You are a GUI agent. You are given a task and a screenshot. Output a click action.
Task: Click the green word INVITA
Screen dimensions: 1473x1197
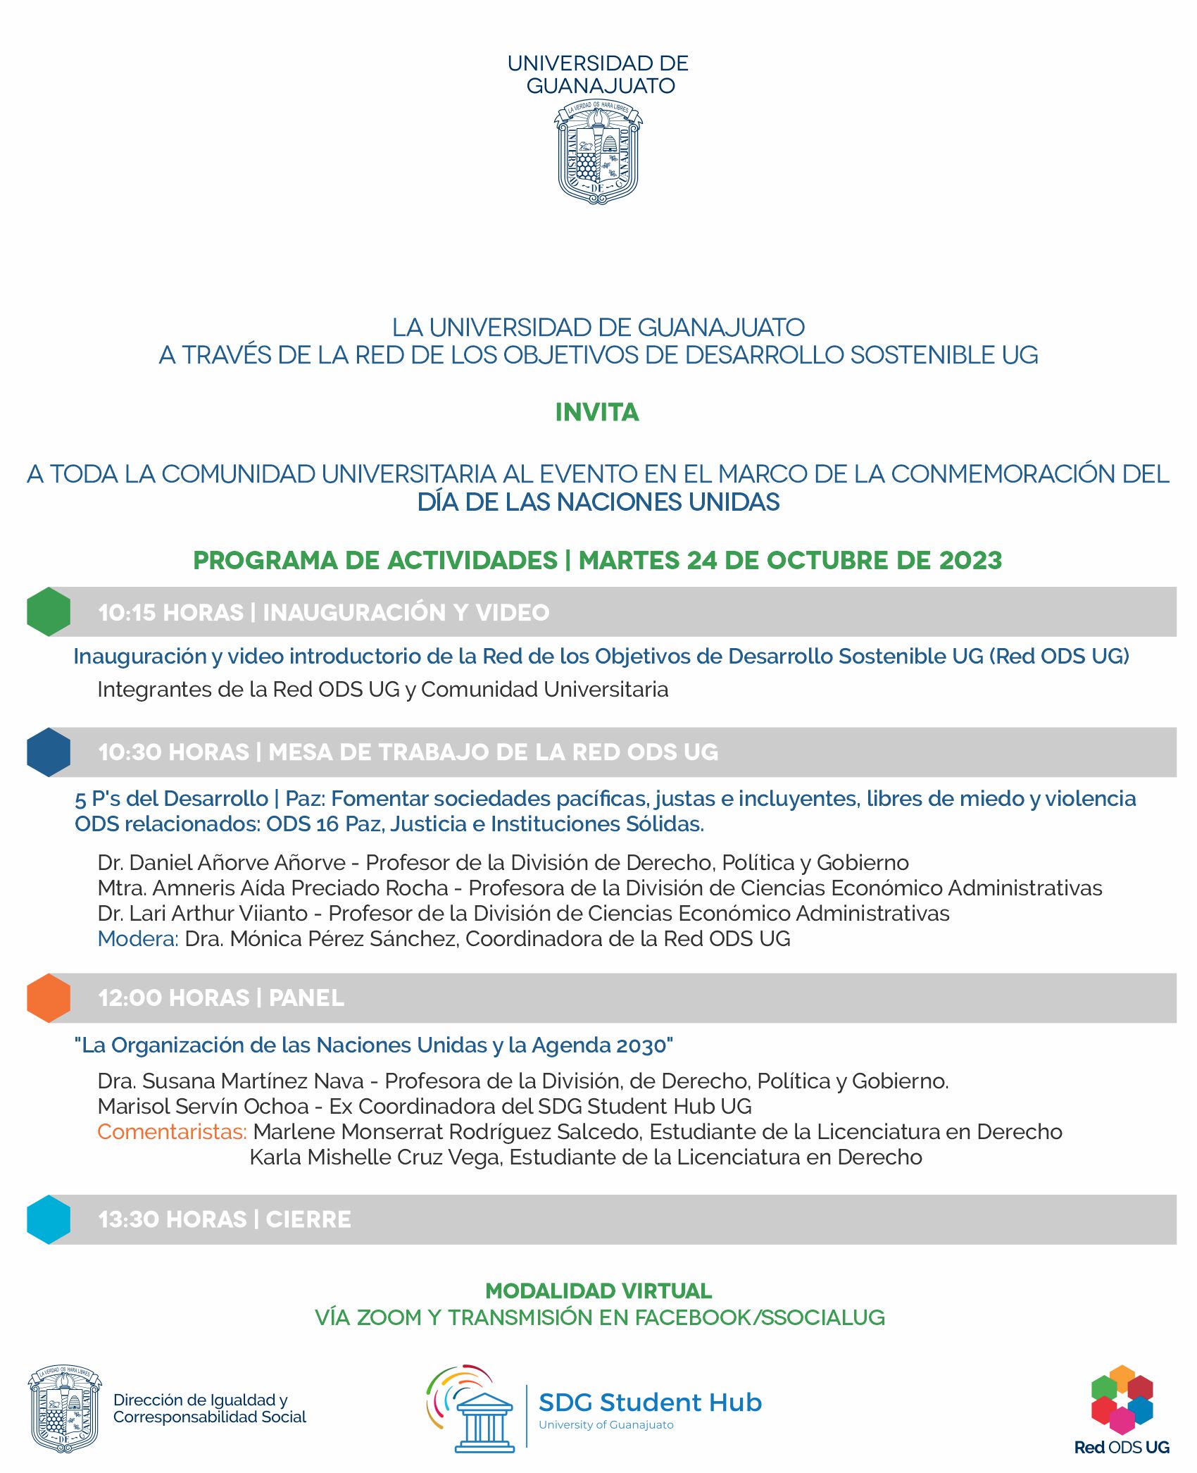(x=597, y=412)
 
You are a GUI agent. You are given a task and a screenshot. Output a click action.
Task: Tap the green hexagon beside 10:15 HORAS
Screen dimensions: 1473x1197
(x=49, y=611)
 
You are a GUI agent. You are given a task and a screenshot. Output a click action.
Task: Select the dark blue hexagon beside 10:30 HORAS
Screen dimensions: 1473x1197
(x=49, y=752)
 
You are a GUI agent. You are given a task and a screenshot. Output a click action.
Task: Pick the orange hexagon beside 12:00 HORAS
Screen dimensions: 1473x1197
(x=49, y=997)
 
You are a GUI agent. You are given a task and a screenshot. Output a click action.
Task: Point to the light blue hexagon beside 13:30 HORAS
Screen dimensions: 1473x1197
(x=49, y=1219)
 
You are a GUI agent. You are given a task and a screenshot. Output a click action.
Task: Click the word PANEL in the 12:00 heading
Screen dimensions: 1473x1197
(x=306, y=998)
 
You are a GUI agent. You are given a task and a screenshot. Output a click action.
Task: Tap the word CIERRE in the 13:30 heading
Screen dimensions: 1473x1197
(x=308, y=1219)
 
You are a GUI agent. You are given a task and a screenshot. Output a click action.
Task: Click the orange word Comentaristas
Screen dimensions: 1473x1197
(x=172, y=1131)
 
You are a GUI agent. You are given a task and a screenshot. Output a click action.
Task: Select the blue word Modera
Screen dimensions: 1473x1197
(x=137, y=938)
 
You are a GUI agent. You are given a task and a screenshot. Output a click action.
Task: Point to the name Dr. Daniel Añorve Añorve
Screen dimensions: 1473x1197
(x=222, y=862)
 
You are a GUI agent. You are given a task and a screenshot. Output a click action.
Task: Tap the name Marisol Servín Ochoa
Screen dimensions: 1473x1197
(x=203, y=1106)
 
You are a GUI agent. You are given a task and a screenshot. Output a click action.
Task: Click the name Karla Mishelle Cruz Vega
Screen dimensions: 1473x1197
(x=375, y=1157)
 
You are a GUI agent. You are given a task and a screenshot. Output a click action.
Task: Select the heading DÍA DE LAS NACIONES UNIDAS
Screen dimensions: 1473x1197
(x=598, y=502)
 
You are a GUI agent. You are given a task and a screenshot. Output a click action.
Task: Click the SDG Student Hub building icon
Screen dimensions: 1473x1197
(x=484, y=1417)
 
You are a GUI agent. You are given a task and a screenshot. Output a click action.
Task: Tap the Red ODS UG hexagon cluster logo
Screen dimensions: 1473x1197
(x=1122, y=1400)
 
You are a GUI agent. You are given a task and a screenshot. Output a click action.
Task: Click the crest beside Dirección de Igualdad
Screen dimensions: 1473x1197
(x=64, y=1408)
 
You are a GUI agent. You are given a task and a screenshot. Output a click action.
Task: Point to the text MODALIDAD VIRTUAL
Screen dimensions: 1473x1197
(x=598, y=1291)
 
